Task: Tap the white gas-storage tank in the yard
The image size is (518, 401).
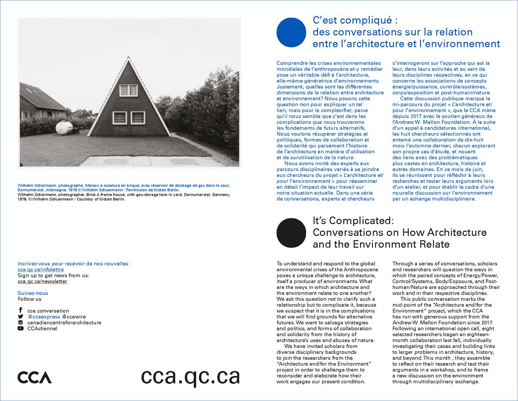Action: [x=64, y=127]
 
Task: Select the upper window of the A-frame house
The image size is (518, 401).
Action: [x=128, y=90]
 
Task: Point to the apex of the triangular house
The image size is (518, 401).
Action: [x=128, y=58]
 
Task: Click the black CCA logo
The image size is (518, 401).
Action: [x=35, y=377]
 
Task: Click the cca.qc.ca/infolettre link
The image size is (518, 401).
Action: [x=38, y=269]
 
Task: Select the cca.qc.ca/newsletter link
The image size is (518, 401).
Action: [x=42, y=281]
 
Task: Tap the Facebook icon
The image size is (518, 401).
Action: [x=20, y=311]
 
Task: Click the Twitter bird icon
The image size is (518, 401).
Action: [x=20, y=317]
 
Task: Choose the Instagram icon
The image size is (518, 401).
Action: [x=20, y=322]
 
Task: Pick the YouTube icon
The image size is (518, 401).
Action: [x=20, y=328]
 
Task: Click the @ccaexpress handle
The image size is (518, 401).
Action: [x=43, y=317]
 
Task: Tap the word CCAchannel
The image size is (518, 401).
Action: [x=42, y=328]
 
